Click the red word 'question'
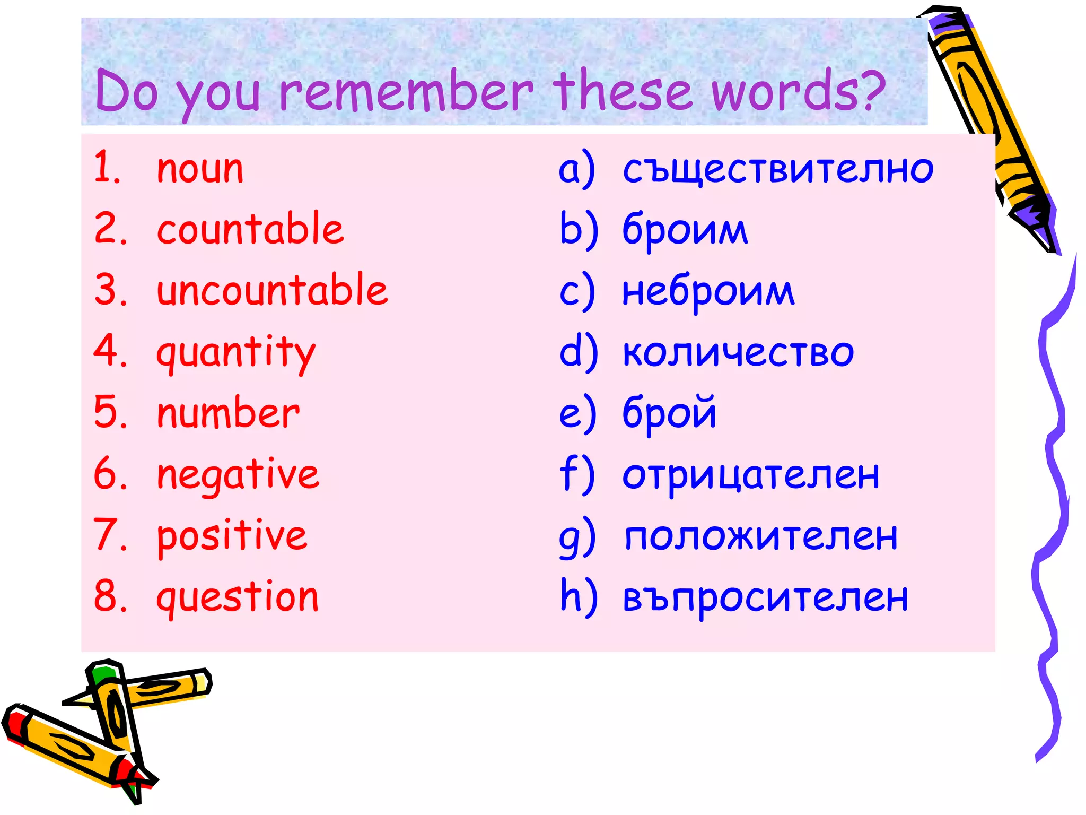pos(238,597)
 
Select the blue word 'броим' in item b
pos(685,230)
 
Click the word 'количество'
pos(738,352)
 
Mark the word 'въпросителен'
pos(765,597)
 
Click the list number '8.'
pos(110,596)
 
